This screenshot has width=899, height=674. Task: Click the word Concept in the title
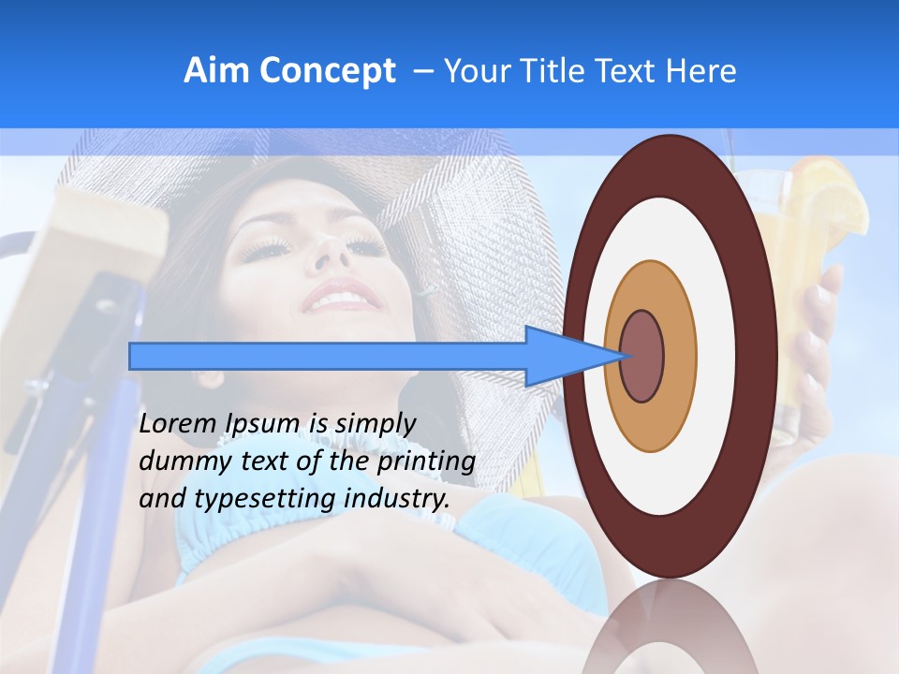(x=327, y=72)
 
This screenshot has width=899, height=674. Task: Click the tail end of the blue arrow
(x=133, y=356)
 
